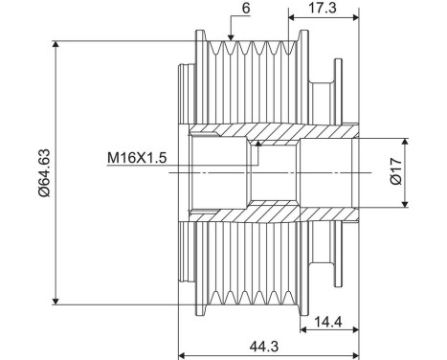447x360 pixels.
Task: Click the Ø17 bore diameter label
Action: (420, 172)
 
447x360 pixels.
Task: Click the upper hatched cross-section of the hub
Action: (278, 133)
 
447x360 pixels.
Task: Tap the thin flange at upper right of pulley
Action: (338, 78)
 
